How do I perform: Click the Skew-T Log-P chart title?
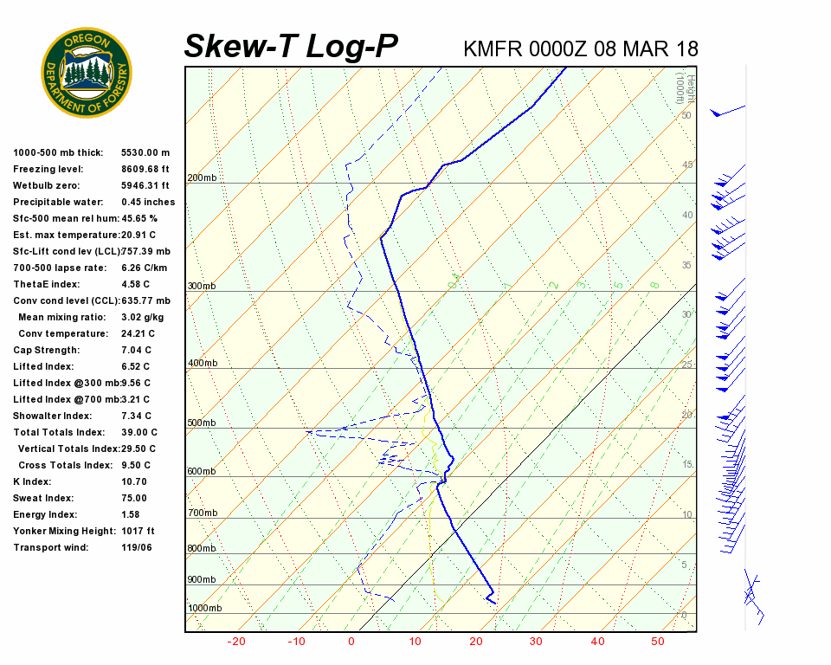291,47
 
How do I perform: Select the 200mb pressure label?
202,178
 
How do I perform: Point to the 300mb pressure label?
202,286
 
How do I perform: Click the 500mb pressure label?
202,423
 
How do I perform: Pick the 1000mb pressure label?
204,608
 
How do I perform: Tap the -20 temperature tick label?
235,642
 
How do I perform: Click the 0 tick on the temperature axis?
351,642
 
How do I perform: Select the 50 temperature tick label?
658,642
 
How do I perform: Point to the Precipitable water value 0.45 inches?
148,202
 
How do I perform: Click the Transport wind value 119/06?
137,547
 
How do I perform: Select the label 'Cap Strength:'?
46,350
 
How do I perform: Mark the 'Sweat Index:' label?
42,498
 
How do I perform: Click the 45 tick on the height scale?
687,165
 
